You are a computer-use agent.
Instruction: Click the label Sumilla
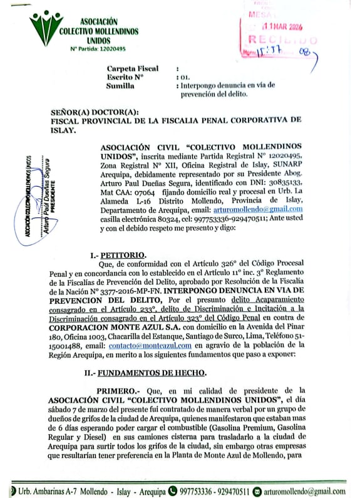click(121, 85)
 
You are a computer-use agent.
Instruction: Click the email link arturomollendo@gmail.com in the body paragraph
click(267, 209)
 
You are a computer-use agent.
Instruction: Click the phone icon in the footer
click(173, 490)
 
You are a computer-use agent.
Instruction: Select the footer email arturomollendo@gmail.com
click(306, 490)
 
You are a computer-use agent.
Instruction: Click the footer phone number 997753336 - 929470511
click(215, 490)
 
